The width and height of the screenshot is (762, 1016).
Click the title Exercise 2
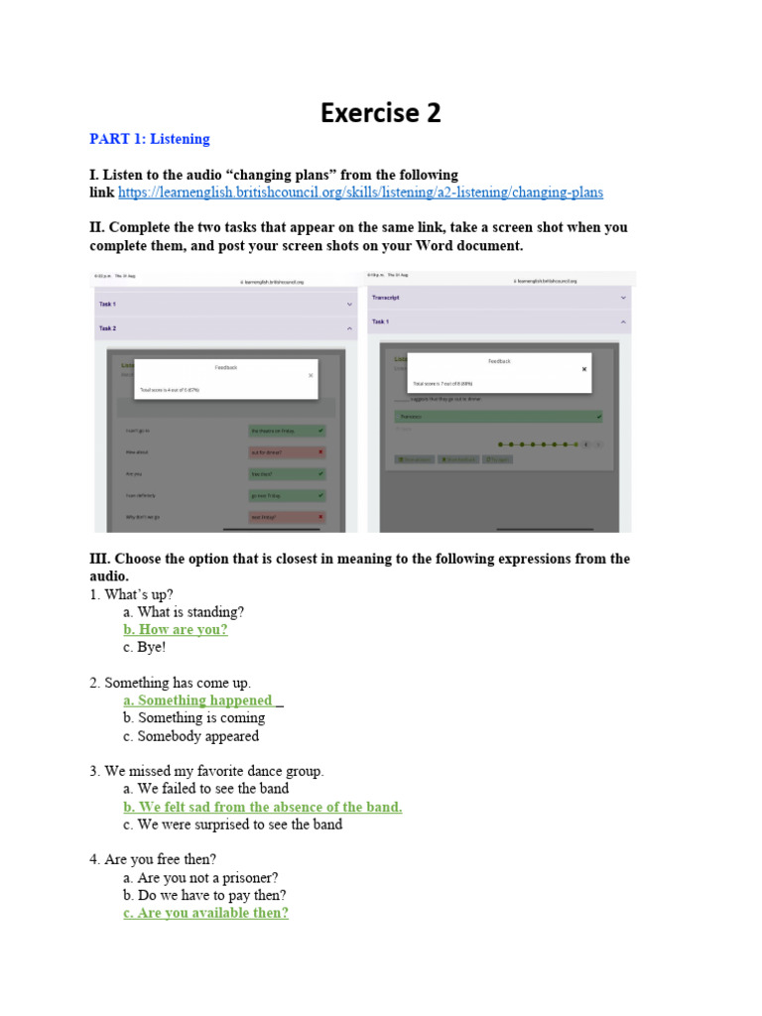click(x=380, y=113)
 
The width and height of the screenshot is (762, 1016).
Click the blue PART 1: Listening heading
click(x=150, y=139)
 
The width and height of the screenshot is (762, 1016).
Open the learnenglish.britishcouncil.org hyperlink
click(x=360, y=192)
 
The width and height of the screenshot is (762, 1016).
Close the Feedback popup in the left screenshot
click(x=311, y=375)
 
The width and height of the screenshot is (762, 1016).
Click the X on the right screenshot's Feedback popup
click(x=583, y=368)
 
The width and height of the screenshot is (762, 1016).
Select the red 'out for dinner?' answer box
click(x=286, y=451)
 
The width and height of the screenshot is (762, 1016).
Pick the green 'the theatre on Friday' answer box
click(x=286, y=431)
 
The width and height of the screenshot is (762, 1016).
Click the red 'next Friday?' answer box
click(x=286, y=517)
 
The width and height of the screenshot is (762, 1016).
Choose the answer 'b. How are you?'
click(x=176, y=630)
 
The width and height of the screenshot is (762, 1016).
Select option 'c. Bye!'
click(x=145, y=647)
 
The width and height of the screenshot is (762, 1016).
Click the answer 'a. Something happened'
click(x=197, y=700)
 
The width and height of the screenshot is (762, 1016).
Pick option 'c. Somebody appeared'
click(x=191, y=736)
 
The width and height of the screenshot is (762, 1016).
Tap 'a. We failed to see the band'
click(x=206, y=789)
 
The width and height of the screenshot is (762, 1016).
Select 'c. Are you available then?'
click(x=206, y=913)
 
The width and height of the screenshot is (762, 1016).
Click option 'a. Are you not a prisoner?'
click(x=200, y=877)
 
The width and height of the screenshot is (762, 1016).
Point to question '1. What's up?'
click(x=131, y=594)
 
